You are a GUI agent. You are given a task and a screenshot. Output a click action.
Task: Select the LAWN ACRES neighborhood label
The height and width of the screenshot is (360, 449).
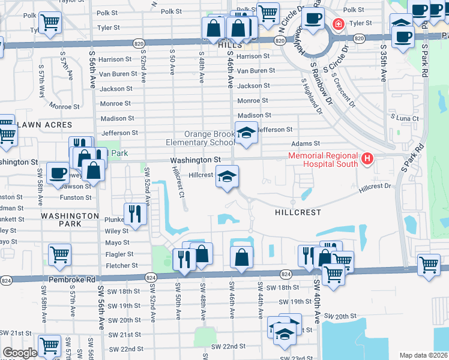point(45,125)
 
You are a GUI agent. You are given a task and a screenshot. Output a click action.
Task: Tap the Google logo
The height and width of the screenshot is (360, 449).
point(19,353)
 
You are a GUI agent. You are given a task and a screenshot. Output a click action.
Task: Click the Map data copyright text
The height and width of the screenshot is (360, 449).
point(423,355)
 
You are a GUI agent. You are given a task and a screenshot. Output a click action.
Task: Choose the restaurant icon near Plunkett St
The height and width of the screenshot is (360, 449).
point(135,214)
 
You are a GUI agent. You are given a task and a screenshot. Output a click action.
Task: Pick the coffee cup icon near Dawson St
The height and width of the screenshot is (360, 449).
point(58,173)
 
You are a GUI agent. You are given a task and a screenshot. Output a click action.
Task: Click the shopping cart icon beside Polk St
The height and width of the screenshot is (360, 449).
point(268,12)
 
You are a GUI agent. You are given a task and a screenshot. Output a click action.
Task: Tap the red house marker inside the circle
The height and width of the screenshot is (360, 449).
point(339,24)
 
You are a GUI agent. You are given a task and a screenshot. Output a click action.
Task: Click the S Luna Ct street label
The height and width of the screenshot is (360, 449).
point(404,119)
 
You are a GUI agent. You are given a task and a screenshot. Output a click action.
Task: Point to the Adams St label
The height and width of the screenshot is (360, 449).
point(306,144)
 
